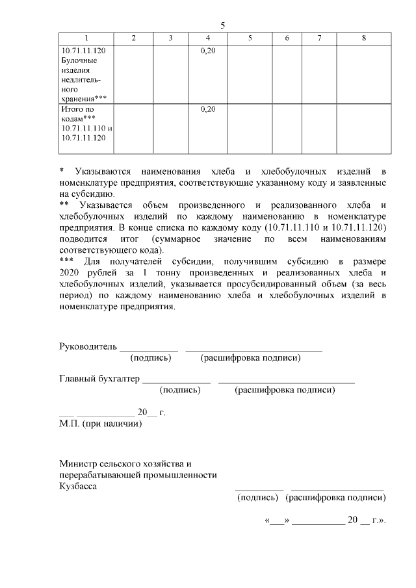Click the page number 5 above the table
click(x=222, y=26)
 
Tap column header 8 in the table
click(x=363, y=38)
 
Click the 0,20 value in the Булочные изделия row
click(x=207, y=50)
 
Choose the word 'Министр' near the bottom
click(x=77, y=465)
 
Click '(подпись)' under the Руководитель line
click(x=151, y=357)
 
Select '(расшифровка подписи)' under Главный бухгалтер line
click(x=285, y=390)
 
